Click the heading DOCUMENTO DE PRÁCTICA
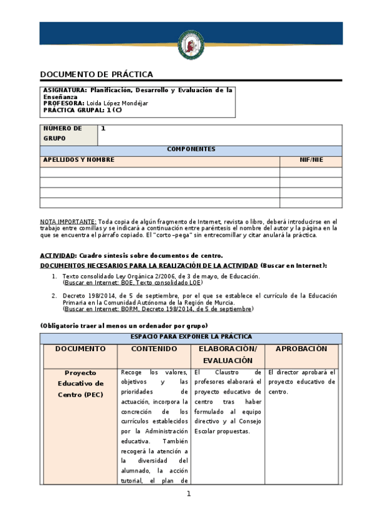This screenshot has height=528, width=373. [x=96, y=74]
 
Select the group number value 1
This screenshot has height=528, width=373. [x=103, y=129]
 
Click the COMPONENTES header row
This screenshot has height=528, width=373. [x=191, y=150]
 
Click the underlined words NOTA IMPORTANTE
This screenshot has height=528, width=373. [x=68, y=222]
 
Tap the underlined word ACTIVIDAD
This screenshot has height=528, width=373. [x=58, y=256]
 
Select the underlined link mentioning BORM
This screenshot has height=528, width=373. [x=158, y=309]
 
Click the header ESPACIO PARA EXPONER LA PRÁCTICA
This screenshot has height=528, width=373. [x=191, y=337]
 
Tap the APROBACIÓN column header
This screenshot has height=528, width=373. [x=301, y=349]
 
